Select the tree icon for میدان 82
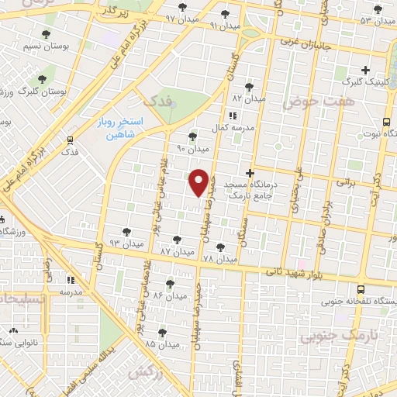249,87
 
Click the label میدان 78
219,258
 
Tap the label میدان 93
125,243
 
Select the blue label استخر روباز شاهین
120,128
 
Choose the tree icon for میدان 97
183,8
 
